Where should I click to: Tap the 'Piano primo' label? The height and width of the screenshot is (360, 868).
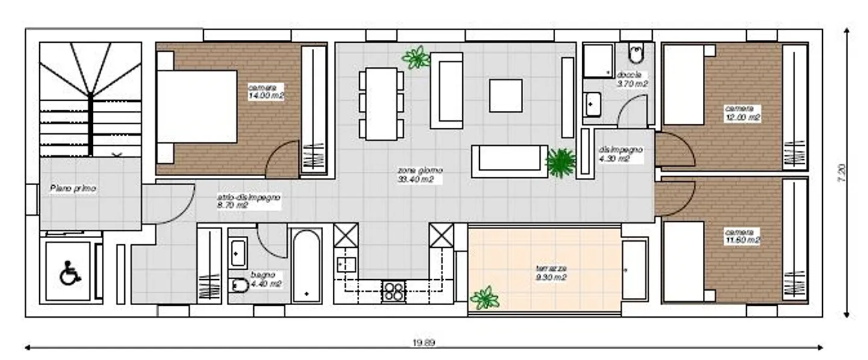tap(72, 189)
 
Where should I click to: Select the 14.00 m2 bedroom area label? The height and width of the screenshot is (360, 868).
tap(265, 91)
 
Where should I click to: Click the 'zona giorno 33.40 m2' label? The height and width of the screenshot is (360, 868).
tap(415, 175)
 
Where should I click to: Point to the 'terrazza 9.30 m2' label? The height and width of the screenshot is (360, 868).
tap(551, 273)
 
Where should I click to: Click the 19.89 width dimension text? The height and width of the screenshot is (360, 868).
tap(423, 343)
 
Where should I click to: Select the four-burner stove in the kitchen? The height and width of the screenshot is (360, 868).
tap(394, 291)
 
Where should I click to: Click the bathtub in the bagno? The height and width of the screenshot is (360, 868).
tap(307, 265)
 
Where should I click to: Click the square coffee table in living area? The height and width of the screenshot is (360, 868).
tap(506, 96)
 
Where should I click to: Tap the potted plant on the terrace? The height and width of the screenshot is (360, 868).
tap(485, 298)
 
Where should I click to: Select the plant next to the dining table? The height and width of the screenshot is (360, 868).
tap(416, 58)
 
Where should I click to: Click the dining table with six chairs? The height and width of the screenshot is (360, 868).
tap(382, 104)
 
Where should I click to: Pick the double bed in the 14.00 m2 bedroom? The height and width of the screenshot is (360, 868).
tap(197, 107)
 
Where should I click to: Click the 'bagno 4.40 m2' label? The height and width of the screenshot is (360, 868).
tap(263, 279)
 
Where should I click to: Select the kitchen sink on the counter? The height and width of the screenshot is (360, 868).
tap(346, 265)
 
